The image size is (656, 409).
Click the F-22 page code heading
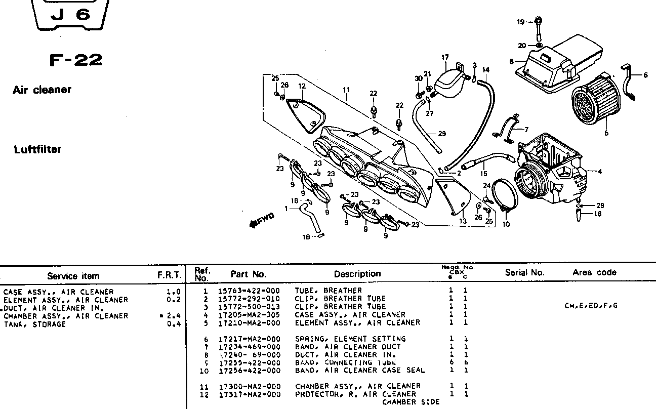(76, 61)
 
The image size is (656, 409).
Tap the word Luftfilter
(37, 149)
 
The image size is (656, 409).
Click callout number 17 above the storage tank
(445, 58)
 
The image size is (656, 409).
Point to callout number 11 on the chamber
(346, 90)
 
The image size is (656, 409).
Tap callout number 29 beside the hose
(442, 134)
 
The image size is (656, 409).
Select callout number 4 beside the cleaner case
(600, 172)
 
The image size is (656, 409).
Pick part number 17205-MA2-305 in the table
(249, 314)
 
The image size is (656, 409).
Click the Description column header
(357, 274)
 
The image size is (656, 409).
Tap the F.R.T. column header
(170, 275)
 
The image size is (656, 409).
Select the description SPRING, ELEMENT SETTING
(350, 339)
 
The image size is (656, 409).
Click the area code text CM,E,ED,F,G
(590, 306)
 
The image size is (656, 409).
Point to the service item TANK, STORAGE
(35, 324)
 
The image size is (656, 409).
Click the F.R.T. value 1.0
(173, 292)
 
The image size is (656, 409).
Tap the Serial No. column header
(524, 272)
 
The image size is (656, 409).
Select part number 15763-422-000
(249, 291)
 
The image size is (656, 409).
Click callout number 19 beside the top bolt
(520, 22)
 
